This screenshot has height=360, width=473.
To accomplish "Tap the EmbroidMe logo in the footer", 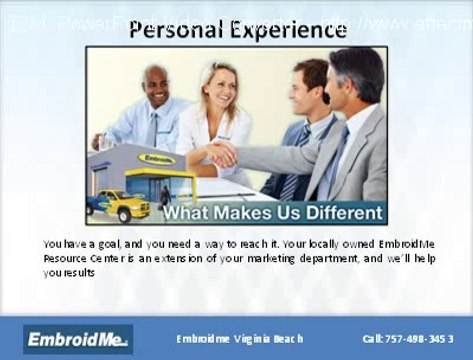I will [79, 339].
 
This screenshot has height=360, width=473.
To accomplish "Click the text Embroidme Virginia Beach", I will [239, 339].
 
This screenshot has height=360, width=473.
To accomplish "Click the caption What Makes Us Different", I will [272, 213].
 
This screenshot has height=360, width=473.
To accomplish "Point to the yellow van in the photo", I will [117, 204].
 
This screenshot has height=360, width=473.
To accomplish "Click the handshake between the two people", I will [222, 154].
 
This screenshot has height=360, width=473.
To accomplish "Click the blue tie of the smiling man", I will [152, 128].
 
